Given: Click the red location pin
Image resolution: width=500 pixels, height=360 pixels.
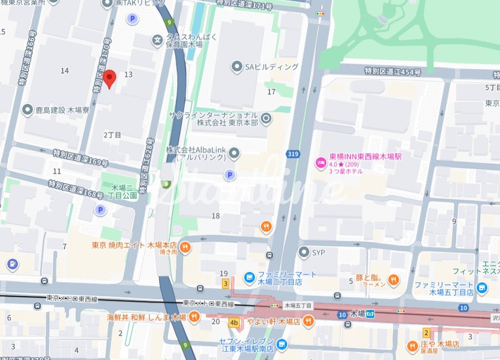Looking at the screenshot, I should (110, 78).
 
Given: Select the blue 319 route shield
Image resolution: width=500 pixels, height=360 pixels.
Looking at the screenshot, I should (292, 154).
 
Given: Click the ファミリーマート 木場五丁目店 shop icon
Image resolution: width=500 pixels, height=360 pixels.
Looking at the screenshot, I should (482, 287).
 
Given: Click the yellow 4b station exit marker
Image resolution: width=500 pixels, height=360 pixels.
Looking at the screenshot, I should (234, 323).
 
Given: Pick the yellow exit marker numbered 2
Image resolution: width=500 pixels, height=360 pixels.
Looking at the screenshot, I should (426, 333).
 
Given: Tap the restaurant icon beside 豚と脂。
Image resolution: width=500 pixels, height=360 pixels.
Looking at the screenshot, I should (393, 281).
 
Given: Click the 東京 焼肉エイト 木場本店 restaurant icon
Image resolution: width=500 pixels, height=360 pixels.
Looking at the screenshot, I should (185, 247).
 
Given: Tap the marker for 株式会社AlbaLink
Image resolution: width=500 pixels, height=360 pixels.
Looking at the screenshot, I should (233, 153).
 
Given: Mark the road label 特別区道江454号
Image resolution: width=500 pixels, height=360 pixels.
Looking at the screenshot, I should (392, 72).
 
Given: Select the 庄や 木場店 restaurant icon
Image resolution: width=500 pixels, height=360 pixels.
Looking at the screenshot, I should (412, 347).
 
